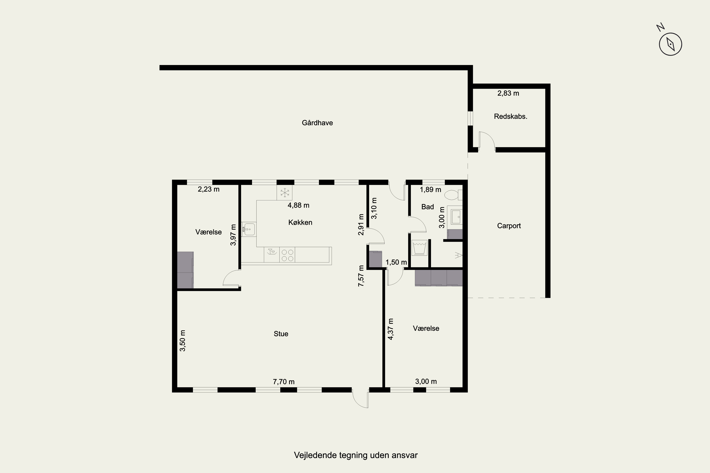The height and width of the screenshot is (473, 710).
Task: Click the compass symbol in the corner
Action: tap(670, 44)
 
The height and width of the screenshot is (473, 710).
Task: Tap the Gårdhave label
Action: tap(317, 123)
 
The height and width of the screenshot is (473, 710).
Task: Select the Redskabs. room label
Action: tap(510, 116)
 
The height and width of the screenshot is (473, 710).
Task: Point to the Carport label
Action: tap(509, 226)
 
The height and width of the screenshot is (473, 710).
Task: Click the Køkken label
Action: tap(300, 222)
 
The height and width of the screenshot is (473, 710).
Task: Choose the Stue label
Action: tap(281, 334)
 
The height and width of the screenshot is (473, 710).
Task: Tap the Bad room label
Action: tap(427, 207)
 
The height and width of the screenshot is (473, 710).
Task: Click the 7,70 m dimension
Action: tap(284, 382)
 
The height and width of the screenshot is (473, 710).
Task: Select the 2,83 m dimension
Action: tap(508, 93)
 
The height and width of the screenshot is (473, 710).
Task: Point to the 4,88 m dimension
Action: tap(298, 205)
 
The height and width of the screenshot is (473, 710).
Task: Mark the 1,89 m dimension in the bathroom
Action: tap(430, 189)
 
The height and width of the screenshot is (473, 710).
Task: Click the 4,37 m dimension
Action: tap(391, 329)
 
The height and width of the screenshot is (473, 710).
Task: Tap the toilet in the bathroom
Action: tap(453, 195)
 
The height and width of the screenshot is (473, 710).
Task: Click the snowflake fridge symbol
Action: tap(285, 193)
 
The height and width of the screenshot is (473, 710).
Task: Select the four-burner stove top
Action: tap(287, 255)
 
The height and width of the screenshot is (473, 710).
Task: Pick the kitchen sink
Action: tap(249, 229)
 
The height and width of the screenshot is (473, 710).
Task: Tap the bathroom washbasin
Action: tap(455, 216)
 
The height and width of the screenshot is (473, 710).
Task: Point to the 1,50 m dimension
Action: tap(396, 262)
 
